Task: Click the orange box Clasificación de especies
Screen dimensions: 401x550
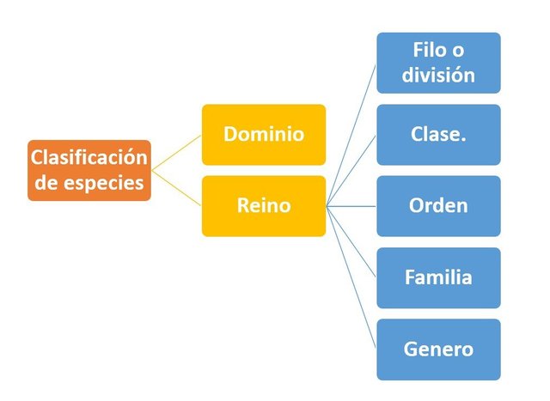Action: (x=89, y=170)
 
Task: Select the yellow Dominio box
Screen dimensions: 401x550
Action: (x=263, y=135)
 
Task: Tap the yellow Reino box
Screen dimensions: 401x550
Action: (x=263, y=206)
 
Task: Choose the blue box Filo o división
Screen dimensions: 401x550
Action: (x=437, y=63)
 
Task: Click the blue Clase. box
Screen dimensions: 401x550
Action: (x=437, y=135)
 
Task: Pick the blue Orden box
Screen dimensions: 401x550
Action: (x=437, y=206)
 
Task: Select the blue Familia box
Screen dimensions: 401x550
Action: (x=437, y=277)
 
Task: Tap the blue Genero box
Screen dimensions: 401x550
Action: (x=437, y=349)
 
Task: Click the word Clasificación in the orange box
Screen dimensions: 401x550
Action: (x=89, y=159)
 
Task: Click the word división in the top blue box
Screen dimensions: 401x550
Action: (x=438, y=75)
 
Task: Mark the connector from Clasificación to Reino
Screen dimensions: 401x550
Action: (x=176, y=188)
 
